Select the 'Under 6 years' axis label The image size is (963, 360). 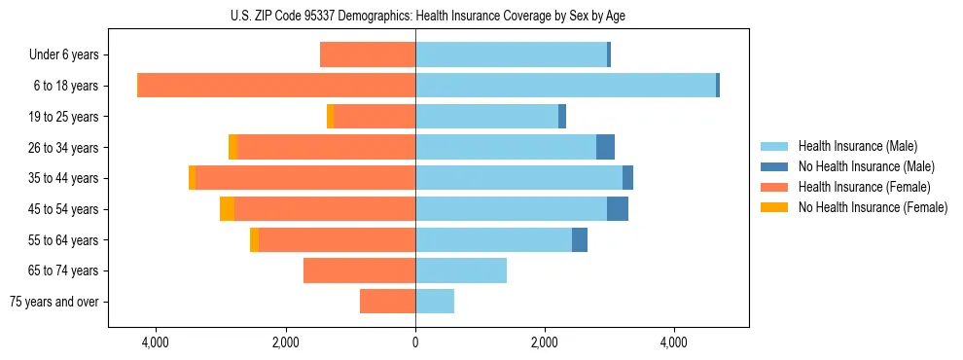point(69,55)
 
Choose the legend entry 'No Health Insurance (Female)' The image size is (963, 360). point(873,207)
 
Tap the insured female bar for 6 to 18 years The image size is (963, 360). point(276,86)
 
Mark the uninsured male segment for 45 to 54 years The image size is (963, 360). point(618,209)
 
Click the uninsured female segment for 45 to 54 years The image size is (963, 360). point(227,209)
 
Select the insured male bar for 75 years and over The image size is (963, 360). point(435,302)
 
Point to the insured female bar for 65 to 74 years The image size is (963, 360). point(359,270)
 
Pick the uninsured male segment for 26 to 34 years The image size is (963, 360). point(605,147)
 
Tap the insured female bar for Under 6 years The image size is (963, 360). point(368,55)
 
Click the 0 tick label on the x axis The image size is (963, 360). point(415,342)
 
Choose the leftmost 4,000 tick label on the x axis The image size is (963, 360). point(156,342)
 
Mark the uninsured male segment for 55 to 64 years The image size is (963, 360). point(580,239)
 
